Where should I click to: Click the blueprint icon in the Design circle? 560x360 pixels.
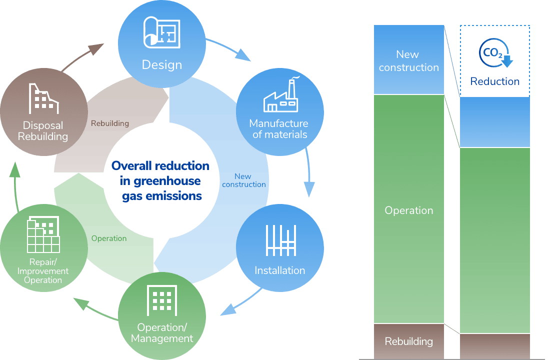click(x=161, y=32)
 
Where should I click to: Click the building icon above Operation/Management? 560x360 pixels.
click(x=161, y=300)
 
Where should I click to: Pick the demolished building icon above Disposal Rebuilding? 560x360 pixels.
click(x=43, y=98)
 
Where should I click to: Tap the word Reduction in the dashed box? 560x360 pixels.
click(x=494, y=81)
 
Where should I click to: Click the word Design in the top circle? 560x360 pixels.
click(x=161, y=65)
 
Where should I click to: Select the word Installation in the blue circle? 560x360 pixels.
click(x=279, y=270)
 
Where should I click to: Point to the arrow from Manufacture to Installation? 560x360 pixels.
click(x=308, y=172)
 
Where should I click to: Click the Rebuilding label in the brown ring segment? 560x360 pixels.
click(x=110, y=123)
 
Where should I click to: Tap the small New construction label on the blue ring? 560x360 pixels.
click(x=244, y=180)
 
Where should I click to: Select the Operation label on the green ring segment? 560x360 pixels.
click(x=109, y=238)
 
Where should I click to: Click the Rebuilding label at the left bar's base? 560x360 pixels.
click(x=408, y=341)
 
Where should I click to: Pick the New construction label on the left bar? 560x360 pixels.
click(x=408, y=60)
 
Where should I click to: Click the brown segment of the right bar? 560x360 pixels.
click(x=494, y=346)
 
